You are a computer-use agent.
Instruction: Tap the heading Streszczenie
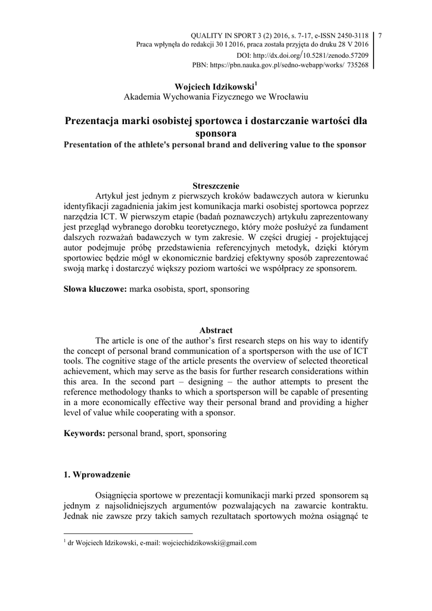coord(216,186)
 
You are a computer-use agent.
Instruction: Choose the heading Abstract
coord(216,330)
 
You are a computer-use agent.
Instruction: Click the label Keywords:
coord(85,433)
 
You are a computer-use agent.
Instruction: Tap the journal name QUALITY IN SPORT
coord(220,35)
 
